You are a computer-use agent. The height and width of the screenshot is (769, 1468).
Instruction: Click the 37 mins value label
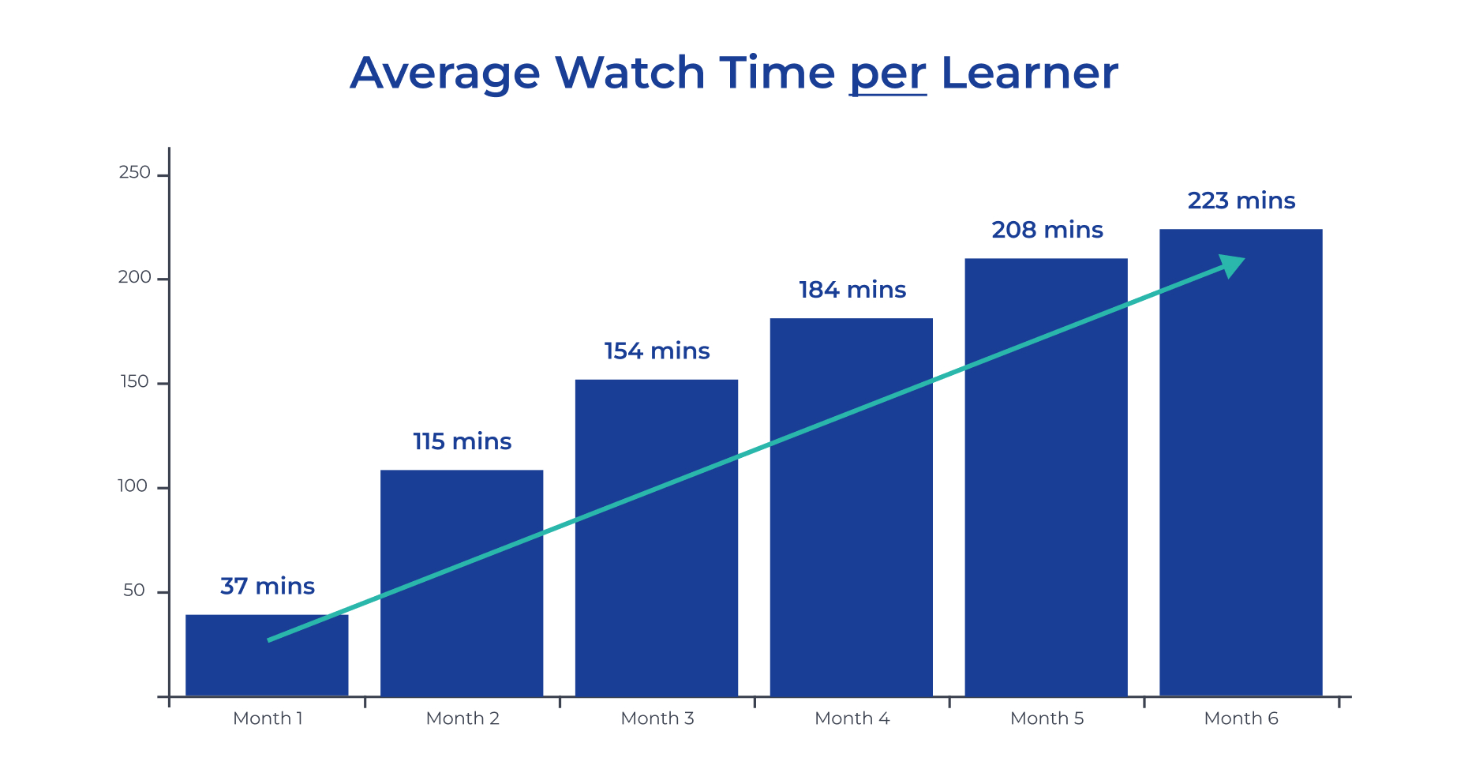(268, 587)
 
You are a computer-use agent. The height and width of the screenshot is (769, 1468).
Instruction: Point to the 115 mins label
(462, 441)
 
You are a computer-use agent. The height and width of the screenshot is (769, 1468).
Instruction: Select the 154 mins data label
(657, 351)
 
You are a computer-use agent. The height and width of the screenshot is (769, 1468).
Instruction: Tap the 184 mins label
(852, 290)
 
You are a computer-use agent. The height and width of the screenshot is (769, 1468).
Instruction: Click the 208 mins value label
(1047, 230)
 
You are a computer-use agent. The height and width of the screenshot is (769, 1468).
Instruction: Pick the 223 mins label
(1241, 201)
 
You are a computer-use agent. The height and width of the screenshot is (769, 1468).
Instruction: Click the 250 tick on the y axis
(135, 173)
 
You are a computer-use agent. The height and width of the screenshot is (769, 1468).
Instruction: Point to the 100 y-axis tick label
(133, 486)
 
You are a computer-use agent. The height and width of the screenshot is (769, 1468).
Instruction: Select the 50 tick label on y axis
(134, 591)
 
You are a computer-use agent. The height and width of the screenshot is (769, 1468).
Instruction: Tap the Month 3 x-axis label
(657, 718)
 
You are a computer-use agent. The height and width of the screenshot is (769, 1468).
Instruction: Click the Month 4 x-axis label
(852, 718)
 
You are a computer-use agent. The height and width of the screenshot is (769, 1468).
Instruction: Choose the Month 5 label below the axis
(1047, 718)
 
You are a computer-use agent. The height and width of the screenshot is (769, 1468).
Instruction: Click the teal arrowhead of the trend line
(1232, 265)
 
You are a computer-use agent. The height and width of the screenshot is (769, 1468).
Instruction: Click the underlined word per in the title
(888, 74)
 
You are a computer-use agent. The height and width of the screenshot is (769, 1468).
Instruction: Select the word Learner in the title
(1029, 73)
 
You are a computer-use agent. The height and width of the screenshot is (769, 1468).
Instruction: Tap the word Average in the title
(445, 74)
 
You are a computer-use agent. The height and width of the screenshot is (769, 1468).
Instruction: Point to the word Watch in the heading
(630, 73)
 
